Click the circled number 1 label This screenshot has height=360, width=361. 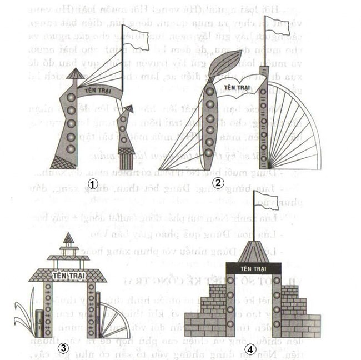click(93, 182)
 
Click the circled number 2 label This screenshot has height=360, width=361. click(219, 182)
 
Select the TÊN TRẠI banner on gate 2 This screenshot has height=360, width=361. click(237, 87)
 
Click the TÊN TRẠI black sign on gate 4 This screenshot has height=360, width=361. click(254, 268)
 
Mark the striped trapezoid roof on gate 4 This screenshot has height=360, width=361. click(254, 250)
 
